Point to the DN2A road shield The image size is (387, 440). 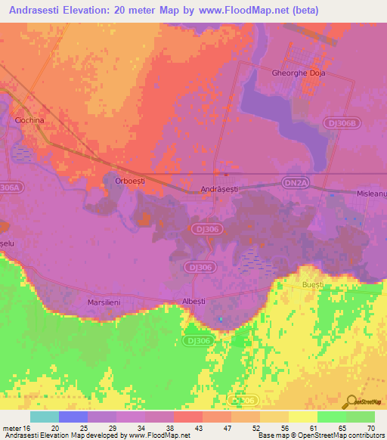[x=295, y=182]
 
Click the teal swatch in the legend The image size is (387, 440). [x=45, y=417]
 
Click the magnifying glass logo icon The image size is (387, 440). [x=350, y=401]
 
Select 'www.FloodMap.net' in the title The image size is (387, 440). [x=243, y=11]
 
